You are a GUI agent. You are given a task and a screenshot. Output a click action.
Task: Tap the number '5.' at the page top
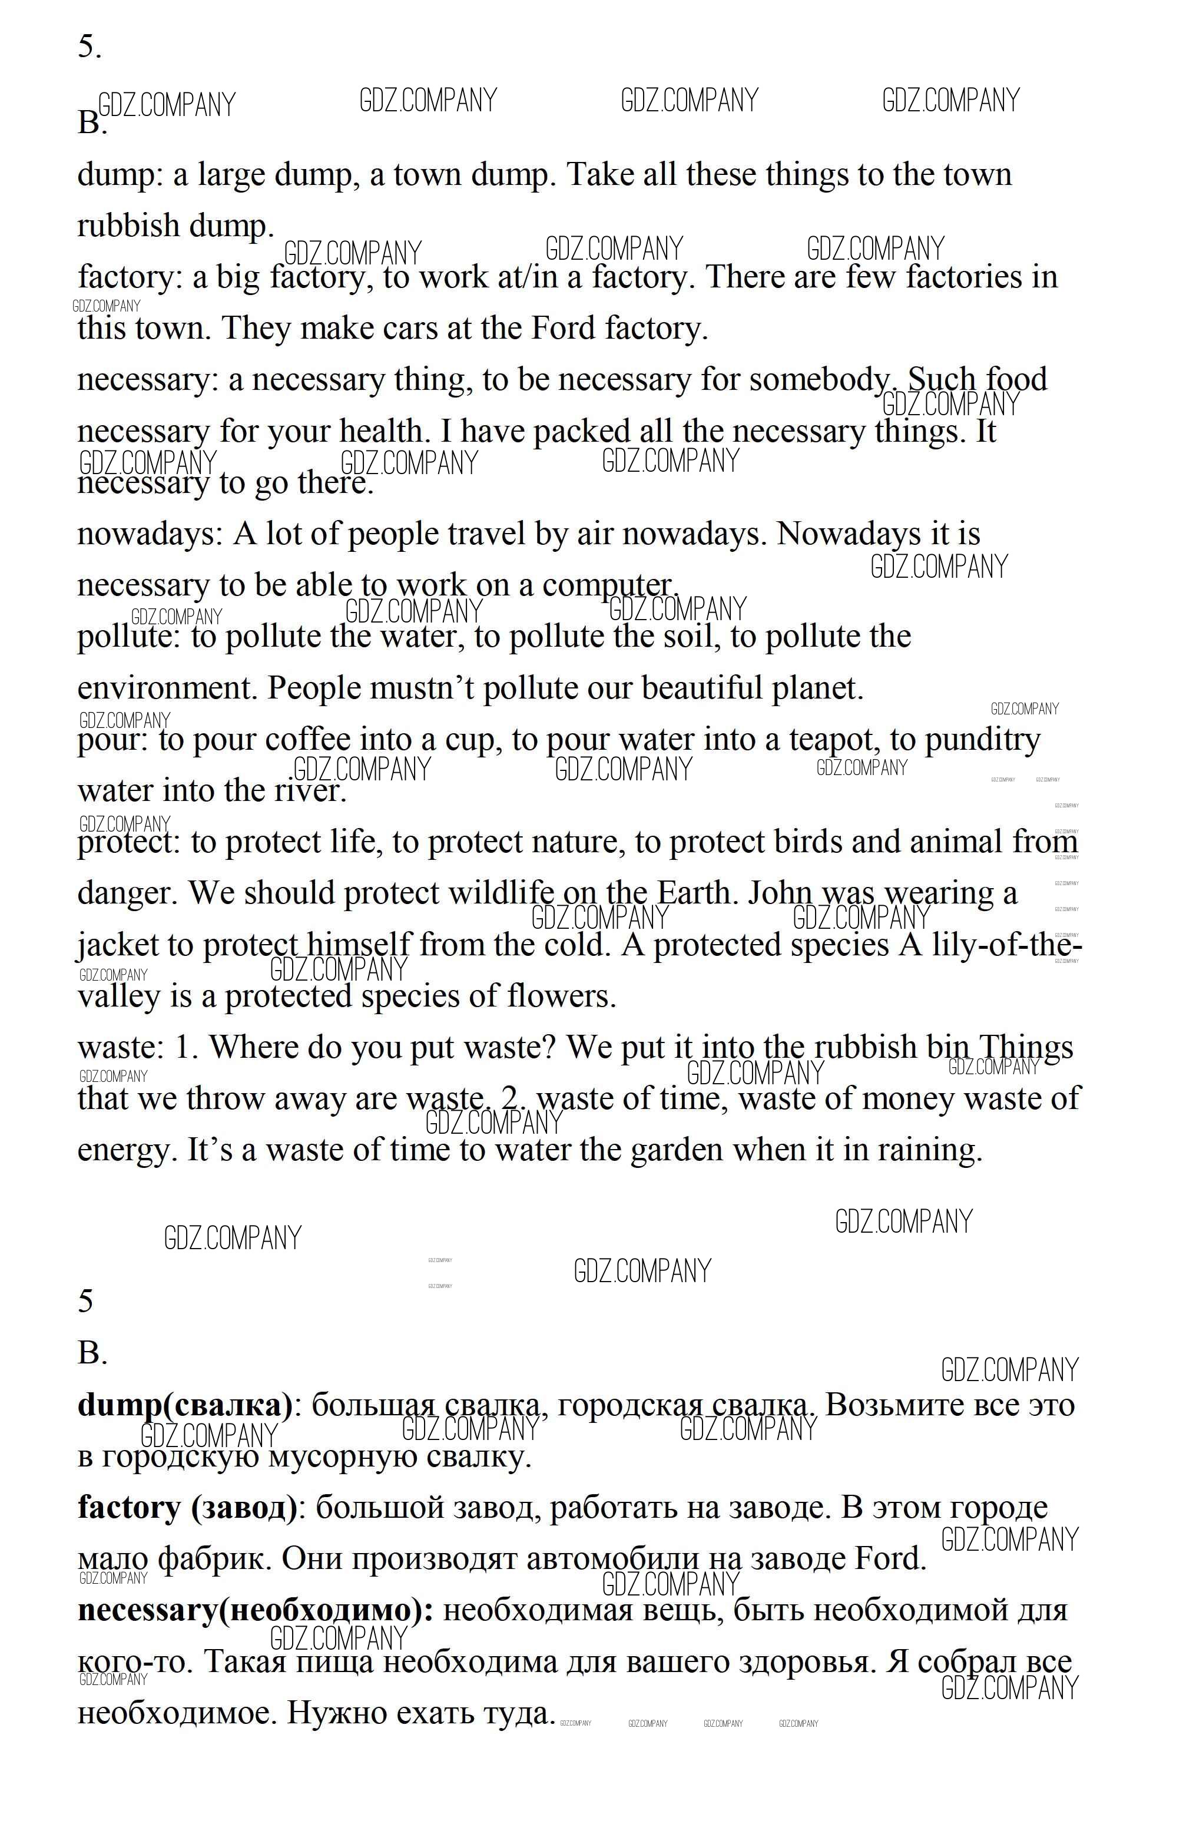click(x=89, y=48)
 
